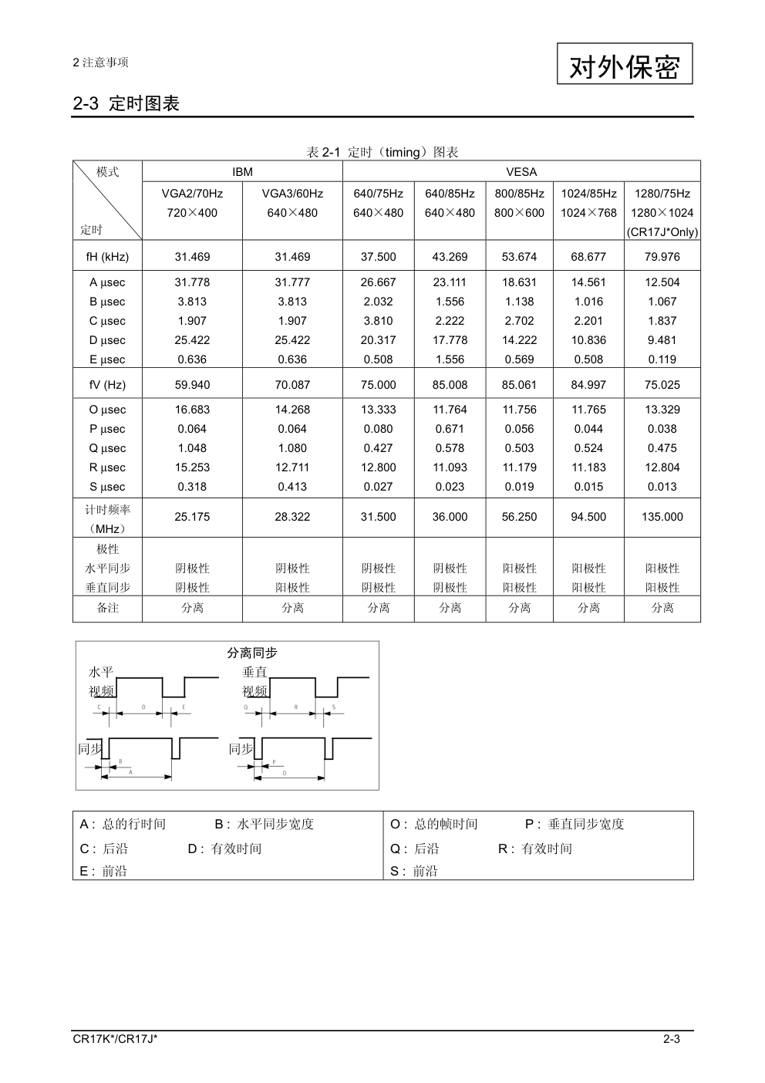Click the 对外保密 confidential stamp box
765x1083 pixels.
[x=625, y=64]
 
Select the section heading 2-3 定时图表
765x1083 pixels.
[x=126, y=103]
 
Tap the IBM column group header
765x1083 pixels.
[x=242, y=172]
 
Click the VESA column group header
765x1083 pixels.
[x=521, y=172]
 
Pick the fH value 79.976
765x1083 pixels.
[x=662, y=257]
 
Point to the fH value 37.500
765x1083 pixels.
[x=378, y=257]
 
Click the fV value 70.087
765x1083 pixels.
[x=292, y=385]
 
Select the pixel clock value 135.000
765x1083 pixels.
[x=662, y=517]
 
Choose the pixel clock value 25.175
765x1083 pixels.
[x=192, y=517]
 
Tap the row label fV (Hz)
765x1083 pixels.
[x=107, y=385]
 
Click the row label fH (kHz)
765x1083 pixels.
[x=107, y=257]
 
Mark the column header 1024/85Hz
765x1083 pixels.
[x=588, y=194]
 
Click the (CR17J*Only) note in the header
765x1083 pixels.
[x=662, y=232]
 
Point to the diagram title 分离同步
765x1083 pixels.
[x=252, y=653]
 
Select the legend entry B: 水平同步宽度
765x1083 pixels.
[x=265, y=824]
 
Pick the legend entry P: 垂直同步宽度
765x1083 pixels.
[x=575, y=824]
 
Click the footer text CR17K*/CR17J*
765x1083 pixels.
[x=116, y=1039]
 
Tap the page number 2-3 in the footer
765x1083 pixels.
[x=671, y=1039]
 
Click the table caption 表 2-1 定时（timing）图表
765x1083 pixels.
[x=382, y=152]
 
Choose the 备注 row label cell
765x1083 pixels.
[x=107, y=608]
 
